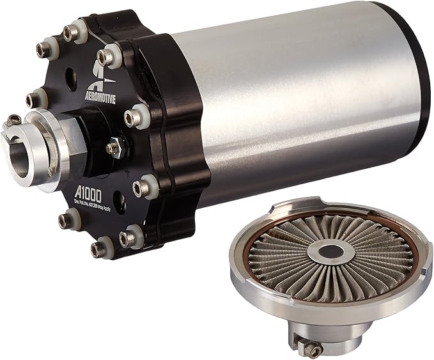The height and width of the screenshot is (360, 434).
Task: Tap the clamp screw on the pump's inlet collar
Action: click(15, 120)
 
